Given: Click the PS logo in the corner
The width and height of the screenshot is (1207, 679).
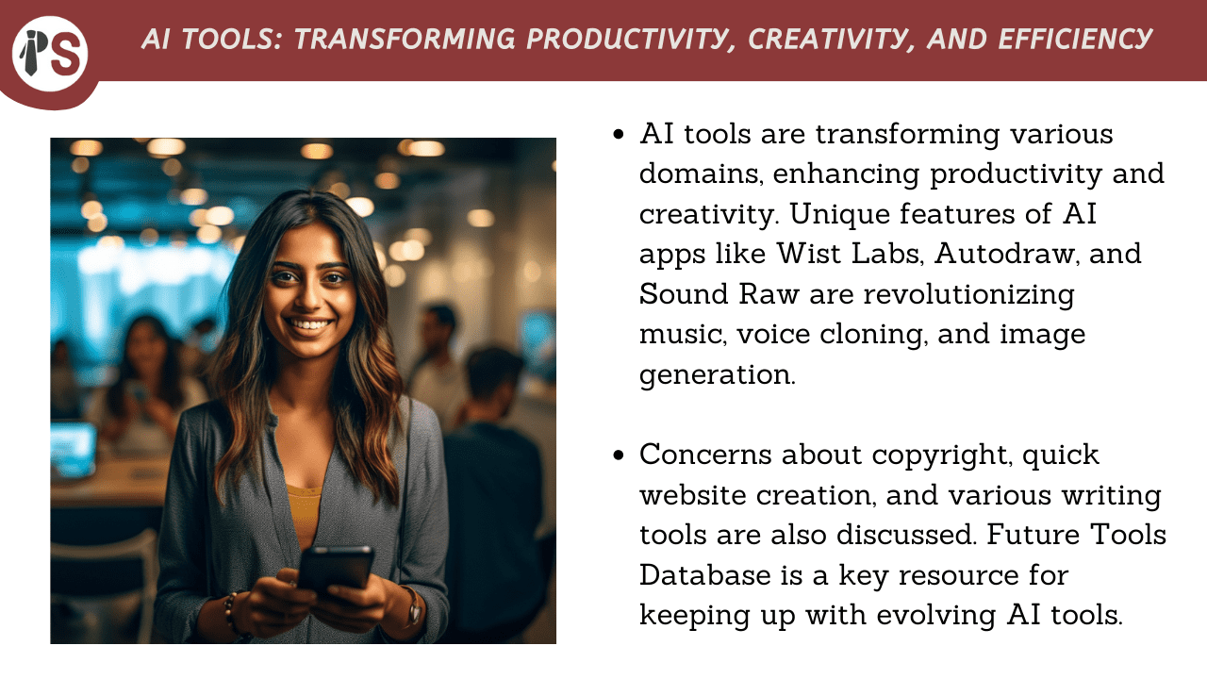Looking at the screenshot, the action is tap(50, 54).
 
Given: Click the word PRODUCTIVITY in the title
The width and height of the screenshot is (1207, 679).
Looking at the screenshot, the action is tap(627, 40).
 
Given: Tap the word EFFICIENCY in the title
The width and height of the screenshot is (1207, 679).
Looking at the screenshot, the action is tap(1074, 40).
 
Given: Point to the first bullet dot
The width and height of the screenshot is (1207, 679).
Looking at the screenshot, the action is tap(619, 134).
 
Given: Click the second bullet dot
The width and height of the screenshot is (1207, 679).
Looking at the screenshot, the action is tap(619, 455).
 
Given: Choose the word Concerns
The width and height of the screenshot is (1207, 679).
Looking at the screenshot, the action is tap(706, 455).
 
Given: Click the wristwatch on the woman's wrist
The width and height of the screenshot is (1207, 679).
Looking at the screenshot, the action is tap(414, 608).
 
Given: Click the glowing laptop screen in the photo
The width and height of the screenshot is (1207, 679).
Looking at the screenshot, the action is tap(74, 449).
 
